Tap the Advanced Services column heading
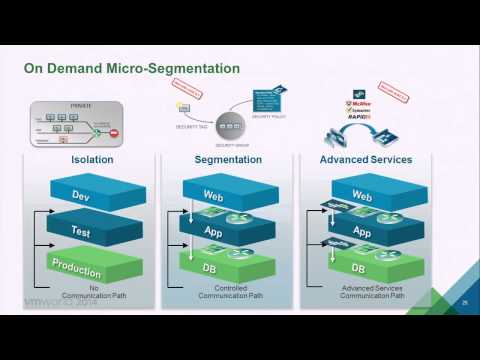365,158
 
